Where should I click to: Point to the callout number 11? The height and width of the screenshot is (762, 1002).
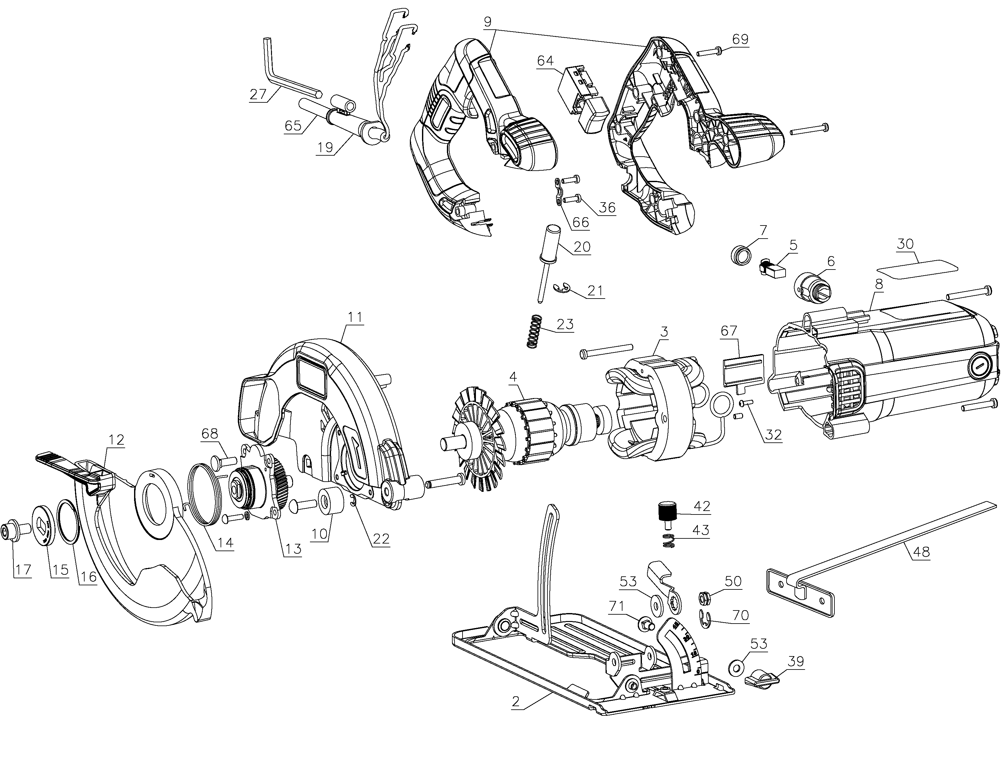pos(355,317)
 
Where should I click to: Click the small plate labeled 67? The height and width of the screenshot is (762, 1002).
pos(742,370)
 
